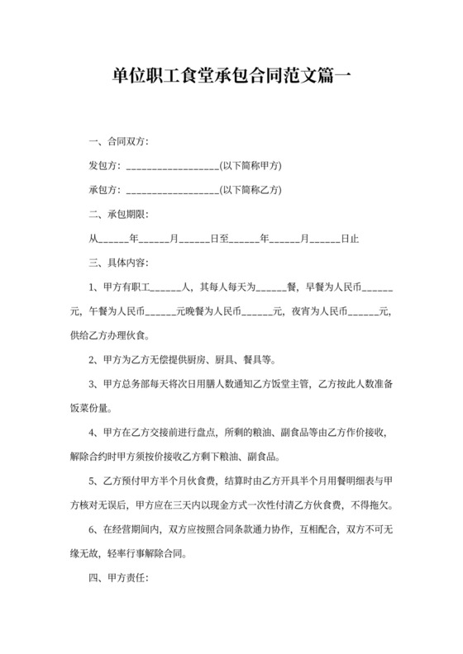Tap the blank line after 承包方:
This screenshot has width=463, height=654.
pyautogui.click(x=172, y=190)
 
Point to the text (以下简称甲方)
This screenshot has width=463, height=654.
pyautogui.click(x=251, y=166)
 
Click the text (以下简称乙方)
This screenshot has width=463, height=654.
pyautogui.click(x=251, y=190)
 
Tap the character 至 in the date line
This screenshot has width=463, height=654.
pyautogui.click(x=223, y=239)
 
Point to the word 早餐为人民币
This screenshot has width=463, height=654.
pyautogui.click(x=334, y=288)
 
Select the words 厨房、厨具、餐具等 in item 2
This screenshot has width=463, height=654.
pyautogui.click(x=240, y=360)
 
